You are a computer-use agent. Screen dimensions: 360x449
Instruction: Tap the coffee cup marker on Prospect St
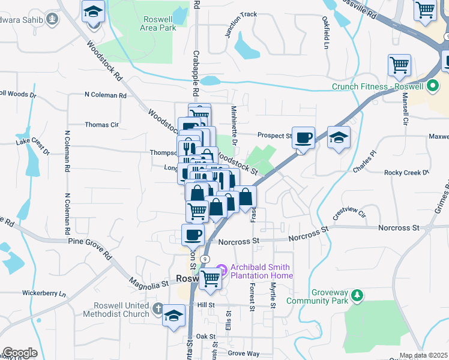(304, 138)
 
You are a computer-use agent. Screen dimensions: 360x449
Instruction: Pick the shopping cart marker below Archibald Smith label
(210, 279)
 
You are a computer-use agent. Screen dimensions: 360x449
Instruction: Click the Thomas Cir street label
(101, 125)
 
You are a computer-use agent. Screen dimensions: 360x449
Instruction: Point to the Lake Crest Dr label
(32, 145)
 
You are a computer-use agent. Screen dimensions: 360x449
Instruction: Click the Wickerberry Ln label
(43, 293)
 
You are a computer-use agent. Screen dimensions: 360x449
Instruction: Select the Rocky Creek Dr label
(406, 173)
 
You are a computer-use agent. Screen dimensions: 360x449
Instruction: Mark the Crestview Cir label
(349, 213)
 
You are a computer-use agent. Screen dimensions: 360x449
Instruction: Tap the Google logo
(20, 353)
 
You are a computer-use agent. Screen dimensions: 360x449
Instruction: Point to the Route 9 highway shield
(205, 258)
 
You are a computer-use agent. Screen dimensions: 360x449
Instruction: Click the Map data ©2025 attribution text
(423, 355)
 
